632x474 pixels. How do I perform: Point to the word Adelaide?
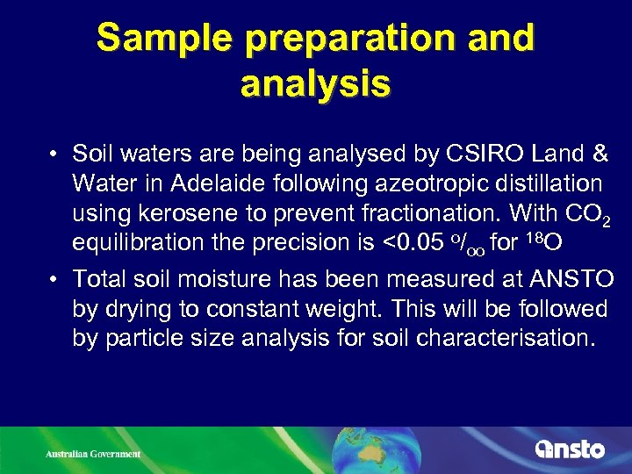(x=232, y=183)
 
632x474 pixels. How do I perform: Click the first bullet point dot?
(x=54, y=155)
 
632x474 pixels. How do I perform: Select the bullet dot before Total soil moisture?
(x=54, y=280)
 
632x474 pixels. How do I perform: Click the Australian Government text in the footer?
(x=93, y=454)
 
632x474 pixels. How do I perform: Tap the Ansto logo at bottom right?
(x=570, y=449)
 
